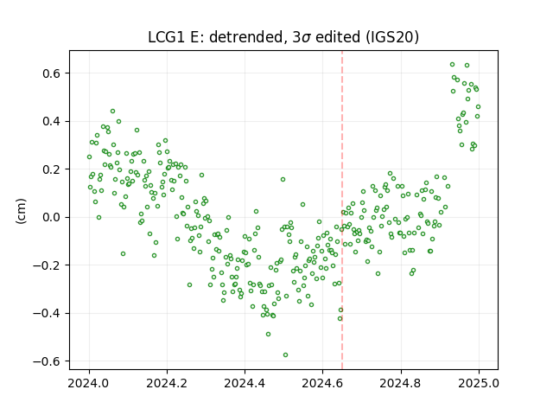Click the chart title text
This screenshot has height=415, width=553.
(x=283, y=37)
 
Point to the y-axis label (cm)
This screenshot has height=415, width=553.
(x=21, y=211)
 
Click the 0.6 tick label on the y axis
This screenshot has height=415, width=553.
(x=53, y=73)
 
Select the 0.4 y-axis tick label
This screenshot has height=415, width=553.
(x=53, y=121)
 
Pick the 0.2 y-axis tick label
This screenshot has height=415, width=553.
(x=53, y=169)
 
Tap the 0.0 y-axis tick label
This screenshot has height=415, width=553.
(x=53, y=217)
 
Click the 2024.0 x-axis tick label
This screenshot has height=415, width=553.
(x=89, y=383)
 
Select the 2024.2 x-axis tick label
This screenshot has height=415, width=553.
(x=167, y=383)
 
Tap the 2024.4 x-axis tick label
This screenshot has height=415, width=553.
(x=245, y=383)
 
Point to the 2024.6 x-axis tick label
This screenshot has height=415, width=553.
(x=322, y=383)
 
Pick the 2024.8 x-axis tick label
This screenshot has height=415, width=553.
(x=401, y=383)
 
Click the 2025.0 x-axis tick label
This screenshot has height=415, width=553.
(x=479, y=383)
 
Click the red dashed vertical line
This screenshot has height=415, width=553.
(x=342, y=210)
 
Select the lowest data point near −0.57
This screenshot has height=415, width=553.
(x=286, y=355)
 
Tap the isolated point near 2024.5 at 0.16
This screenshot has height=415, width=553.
(x=283, y=180)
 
